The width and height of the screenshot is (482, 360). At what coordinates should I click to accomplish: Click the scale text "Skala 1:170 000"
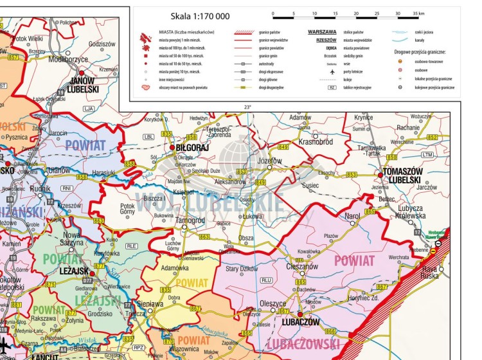pos(200,15)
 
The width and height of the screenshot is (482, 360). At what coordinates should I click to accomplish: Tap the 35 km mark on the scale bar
pos(418,14)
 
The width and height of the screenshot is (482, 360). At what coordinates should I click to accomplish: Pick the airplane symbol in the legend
pos(331,72)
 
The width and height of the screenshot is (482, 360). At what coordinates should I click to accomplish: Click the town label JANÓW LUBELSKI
pos(82,84)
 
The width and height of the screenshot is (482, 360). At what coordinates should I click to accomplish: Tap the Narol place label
pos(352,217)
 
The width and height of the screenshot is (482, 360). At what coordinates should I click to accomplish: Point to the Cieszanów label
pos(301,266)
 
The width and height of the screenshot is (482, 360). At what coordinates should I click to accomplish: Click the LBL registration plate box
pos(149,137)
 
